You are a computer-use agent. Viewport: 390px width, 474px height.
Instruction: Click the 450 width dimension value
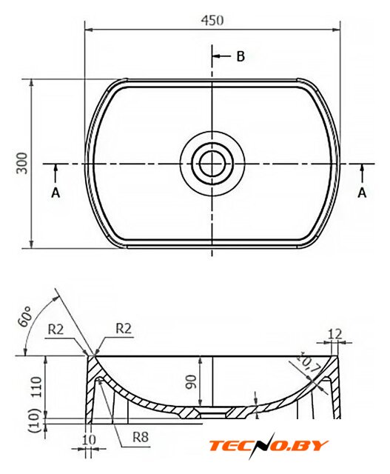click(212, 20)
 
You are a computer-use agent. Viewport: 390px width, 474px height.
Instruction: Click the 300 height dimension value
click(21, 163)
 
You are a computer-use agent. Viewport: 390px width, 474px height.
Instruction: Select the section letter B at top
click(241, 56)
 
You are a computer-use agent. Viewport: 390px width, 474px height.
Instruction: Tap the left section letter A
click(56, 193)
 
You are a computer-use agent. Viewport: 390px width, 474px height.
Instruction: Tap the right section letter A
click(362, 193)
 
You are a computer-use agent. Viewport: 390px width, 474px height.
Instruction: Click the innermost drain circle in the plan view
click(212, 164)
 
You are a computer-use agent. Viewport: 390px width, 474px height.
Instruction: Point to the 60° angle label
click(24, 316)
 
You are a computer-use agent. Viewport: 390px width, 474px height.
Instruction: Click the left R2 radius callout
click(56, 330)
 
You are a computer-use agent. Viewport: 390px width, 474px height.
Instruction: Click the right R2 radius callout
click(124, 329)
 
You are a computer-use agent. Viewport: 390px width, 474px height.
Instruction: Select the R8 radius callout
click(141, 437)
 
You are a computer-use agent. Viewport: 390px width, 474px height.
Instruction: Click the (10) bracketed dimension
click(36, 420)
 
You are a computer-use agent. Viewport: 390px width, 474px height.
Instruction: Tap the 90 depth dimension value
click(192, 381)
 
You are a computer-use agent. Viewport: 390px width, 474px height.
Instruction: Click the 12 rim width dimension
click(334, 334)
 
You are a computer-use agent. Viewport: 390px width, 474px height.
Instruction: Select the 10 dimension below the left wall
click(89, 440)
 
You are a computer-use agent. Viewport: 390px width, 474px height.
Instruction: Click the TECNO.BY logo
click(268, 445)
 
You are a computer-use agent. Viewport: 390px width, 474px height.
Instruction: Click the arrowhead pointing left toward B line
click(216, 56)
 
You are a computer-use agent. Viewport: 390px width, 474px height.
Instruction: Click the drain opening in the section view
click(212, 412)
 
